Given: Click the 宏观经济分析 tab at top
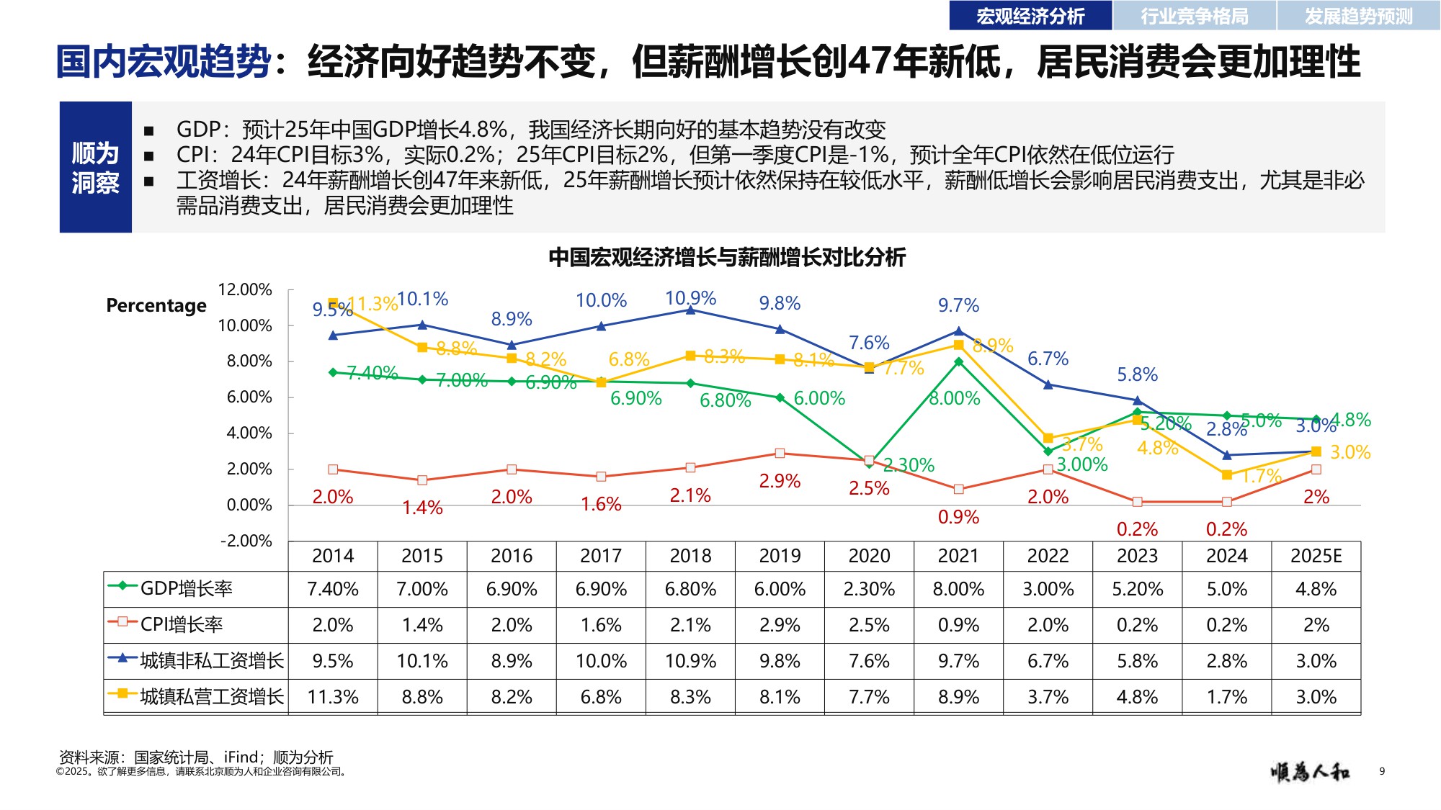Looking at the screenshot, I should point(1030,16).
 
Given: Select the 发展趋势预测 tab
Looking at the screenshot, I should point(1358,16).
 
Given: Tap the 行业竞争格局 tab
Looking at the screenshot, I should point(1195,16).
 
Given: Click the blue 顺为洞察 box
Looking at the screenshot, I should point(95,167).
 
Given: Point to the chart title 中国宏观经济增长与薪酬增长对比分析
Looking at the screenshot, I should point(726,257).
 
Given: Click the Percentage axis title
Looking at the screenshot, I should point(156,305).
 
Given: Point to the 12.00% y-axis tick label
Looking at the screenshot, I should point(245,289).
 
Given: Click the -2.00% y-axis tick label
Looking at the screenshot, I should point(246,541).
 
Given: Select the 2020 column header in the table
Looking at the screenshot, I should point(869,556).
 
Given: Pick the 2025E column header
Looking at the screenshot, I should point(1316,556).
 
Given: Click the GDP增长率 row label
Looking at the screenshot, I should point(186,589).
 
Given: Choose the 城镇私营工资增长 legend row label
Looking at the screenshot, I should point(211,696).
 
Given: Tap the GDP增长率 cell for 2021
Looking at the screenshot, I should point(958,589).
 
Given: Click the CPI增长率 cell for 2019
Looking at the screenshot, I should point(780,625).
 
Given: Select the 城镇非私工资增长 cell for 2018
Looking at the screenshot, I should point(690,661).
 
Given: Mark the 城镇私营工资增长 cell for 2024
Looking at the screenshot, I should point(1226,697).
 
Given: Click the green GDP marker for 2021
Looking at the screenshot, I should point(958,362).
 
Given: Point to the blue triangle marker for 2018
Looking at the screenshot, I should point(690,310).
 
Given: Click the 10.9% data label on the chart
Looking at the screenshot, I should point(690,298).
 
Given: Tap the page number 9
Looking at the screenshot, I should point(1382,771).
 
